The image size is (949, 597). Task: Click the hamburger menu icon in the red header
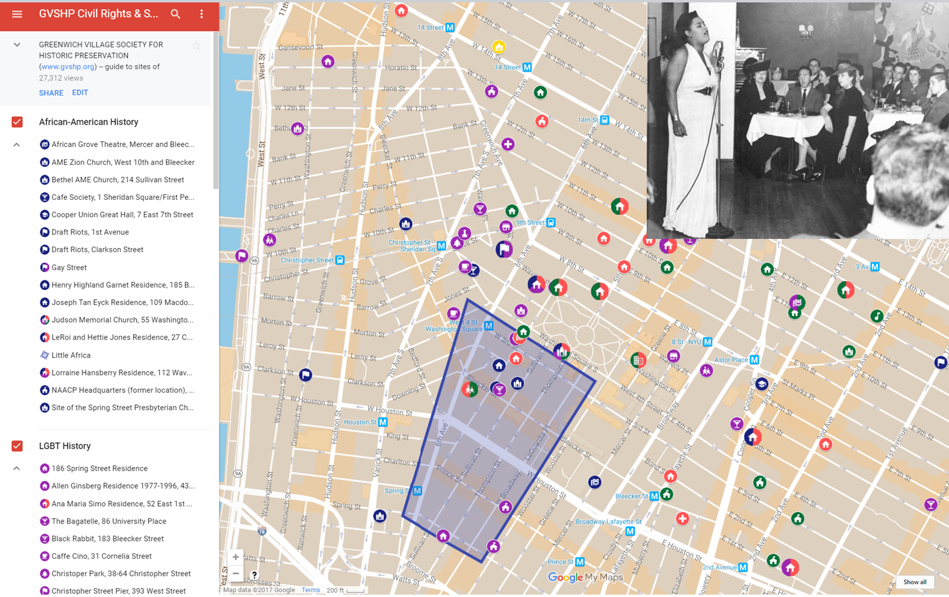click(x=17, y=14)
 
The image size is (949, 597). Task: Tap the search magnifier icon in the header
click(x=175, y=14)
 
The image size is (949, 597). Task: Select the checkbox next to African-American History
click(x=17, y=122)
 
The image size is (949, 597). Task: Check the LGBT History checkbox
click(x=17, y=446)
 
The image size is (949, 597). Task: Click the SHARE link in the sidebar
click(x=51, y=93)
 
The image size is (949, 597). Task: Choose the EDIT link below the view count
click(x=80, y=93)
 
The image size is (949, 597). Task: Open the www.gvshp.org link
click(x=67, y=67)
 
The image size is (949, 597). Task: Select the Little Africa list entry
click(x=70, y=355)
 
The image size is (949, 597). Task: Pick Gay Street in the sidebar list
click(x=69, y=267)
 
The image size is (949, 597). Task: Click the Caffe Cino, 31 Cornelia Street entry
click(x=101, y=556)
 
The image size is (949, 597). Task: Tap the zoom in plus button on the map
click(x=235, y=557)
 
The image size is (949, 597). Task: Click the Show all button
click(x=915, y=582)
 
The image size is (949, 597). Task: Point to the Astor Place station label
click(x=730, y=360)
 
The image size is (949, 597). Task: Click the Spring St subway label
click(x=396, y=490)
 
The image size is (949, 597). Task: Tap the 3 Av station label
click(x=862, y=267)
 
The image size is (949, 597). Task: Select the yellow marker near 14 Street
click(x=499, y=47)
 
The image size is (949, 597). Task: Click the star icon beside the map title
click(x=196, y=46)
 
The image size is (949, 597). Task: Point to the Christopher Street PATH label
click(x=306, y=260)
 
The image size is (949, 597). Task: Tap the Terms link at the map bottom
click(x=311, y=590)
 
